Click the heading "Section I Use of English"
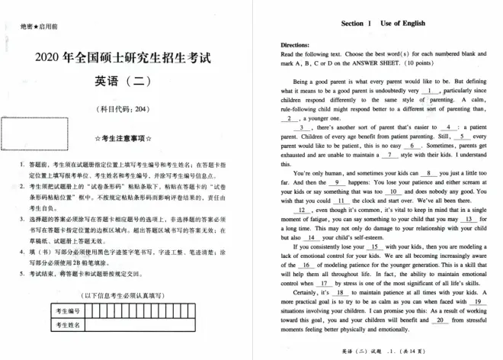pos(376,24)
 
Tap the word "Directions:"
pos(296,46)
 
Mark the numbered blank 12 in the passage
pos(301,210)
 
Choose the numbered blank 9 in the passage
pos(336,183)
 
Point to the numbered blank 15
pos(374,247)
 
